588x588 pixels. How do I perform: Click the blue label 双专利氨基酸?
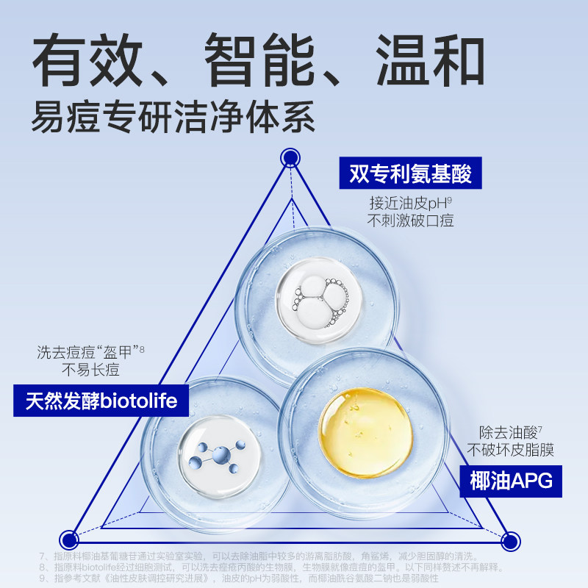point(405,174)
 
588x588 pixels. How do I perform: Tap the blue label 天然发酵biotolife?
point(101,401)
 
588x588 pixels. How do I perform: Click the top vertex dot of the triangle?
point(291,157)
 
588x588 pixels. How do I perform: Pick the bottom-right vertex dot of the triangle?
point(510,542)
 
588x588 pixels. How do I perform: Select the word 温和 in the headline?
point(430,58)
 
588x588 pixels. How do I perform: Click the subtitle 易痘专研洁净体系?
point(173,115)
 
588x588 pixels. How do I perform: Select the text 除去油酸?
point(496,432)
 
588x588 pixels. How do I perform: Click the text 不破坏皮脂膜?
point(509,450)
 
